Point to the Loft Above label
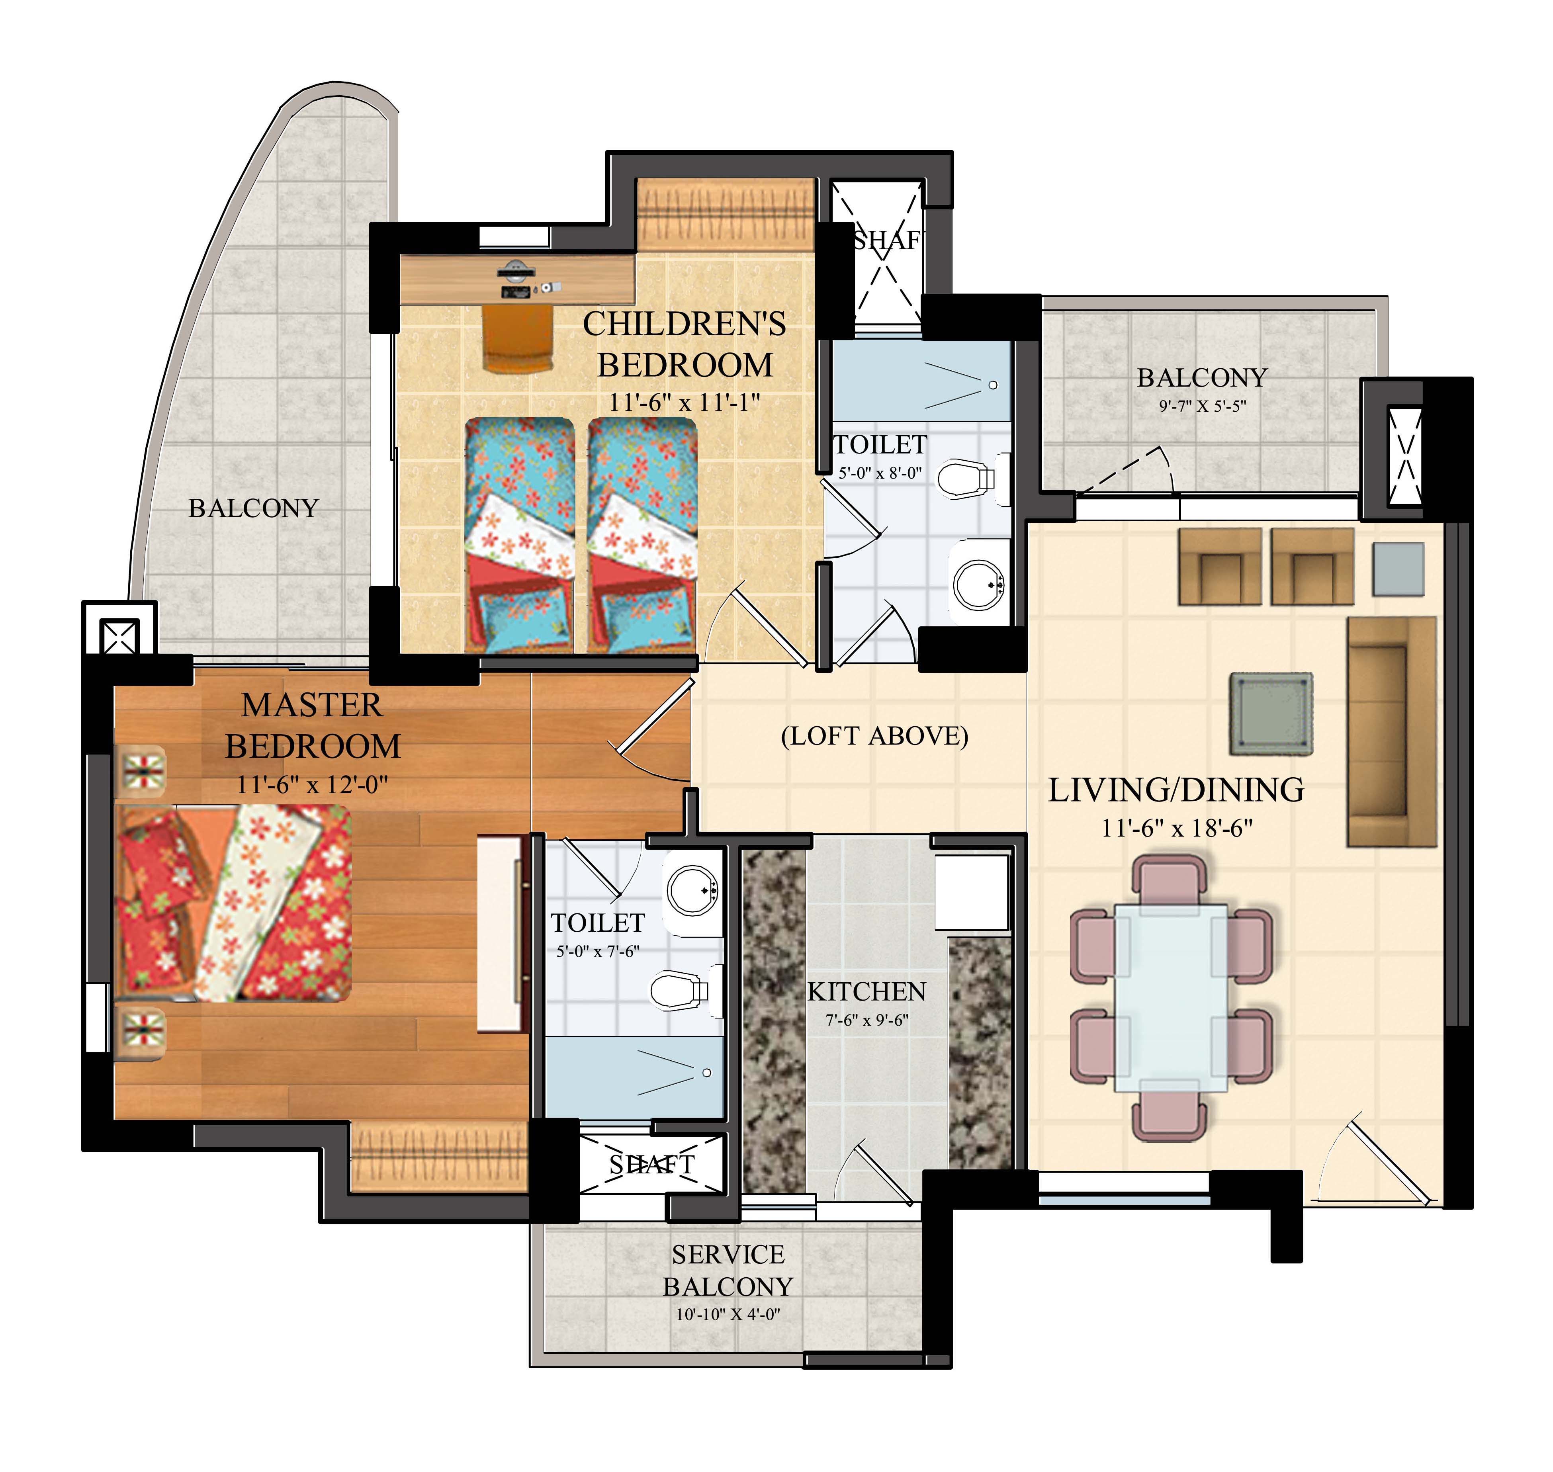point(874,736)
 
